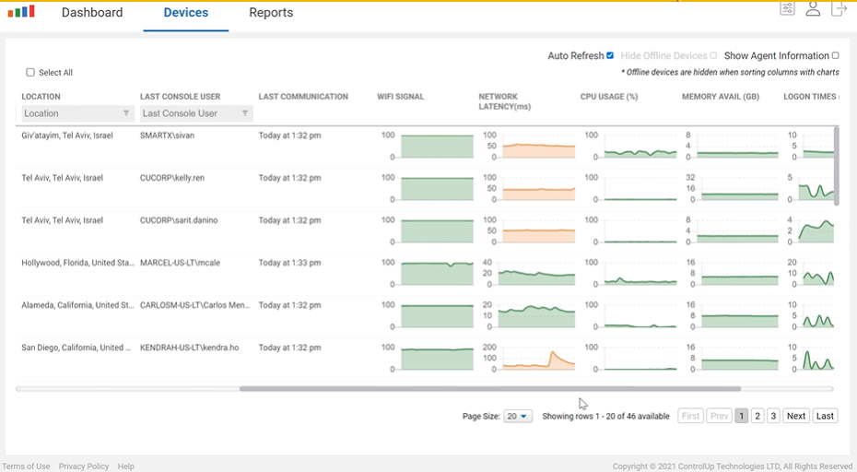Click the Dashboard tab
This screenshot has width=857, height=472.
click(x=92, y=13)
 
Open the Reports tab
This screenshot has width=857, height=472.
click(x=271, y=13)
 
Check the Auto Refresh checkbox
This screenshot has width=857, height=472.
click(x=610, y=55)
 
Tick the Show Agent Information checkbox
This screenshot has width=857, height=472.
click(x=836, y=55)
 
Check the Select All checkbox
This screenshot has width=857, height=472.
click(x=30, y=73)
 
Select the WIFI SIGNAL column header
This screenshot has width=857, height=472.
click(x=400, y=97)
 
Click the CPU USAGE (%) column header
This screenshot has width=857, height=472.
click(x=609, y=97)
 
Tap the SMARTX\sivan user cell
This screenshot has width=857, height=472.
click(x=169, y=136)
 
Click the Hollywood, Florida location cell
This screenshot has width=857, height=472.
click(x=77, y=263)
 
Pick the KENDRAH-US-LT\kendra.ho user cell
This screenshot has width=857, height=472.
click(x=189, y=348)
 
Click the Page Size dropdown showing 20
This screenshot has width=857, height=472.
click(x=518, y=417)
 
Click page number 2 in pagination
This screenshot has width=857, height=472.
click(x=757, y=417)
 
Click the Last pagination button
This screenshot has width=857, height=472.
click(x=825, y=417)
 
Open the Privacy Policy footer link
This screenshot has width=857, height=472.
click(x=84, y=466)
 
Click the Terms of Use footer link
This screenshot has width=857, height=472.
click(x=26, y=466)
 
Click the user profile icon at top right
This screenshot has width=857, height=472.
click(x=813, y=9)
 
